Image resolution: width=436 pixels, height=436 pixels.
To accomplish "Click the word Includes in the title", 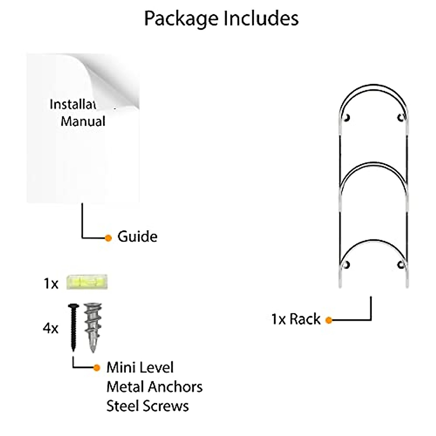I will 261,18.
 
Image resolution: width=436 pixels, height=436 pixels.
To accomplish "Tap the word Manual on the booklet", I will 83,121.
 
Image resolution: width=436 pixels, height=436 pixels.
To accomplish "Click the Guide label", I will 137,237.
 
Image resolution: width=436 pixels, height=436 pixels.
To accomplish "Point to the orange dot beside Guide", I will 108,238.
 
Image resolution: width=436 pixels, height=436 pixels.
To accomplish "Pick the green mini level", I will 87,282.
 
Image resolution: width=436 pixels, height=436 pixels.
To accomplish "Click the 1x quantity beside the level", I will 51,284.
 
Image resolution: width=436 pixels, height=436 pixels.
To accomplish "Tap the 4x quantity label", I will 51,328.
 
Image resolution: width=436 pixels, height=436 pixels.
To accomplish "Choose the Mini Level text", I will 140,367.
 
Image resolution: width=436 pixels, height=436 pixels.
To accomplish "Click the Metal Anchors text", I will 154,387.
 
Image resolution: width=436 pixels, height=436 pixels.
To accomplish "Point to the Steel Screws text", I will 148,406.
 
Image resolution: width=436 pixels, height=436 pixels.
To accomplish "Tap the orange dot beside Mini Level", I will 96,368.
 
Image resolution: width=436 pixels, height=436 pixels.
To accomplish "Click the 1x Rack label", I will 296,319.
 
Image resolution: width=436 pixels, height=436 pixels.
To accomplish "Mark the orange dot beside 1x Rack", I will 329,320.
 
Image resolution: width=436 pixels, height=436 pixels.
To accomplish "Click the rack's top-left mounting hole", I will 347,117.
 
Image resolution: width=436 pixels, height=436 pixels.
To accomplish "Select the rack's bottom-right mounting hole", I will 400,264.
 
